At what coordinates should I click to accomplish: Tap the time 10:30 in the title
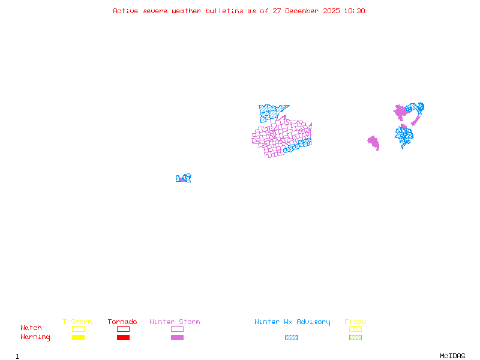pos(354,11)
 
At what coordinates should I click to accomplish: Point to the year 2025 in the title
pos(332,11)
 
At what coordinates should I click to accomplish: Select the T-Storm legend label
pos(77,322)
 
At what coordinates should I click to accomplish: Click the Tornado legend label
pos(122,322)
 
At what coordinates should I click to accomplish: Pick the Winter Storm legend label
pos(175,322)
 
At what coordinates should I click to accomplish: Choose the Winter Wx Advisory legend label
pos(292,322)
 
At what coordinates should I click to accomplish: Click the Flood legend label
pos(355,322)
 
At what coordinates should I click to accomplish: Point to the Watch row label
pos(31,328)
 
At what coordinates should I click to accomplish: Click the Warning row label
pos(35,337)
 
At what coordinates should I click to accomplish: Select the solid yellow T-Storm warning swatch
pos(78,337)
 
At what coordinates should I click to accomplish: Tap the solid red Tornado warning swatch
pos(123,337)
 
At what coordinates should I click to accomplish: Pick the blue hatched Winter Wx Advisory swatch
pos(291,337)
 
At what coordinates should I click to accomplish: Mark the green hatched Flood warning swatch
pos(355,337)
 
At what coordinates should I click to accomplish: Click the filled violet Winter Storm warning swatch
pos(177,337)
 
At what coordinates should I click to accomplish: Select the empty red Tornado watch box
pos(123,329)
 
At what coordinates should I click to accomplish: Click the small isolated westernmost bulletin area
pos(183,178)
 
